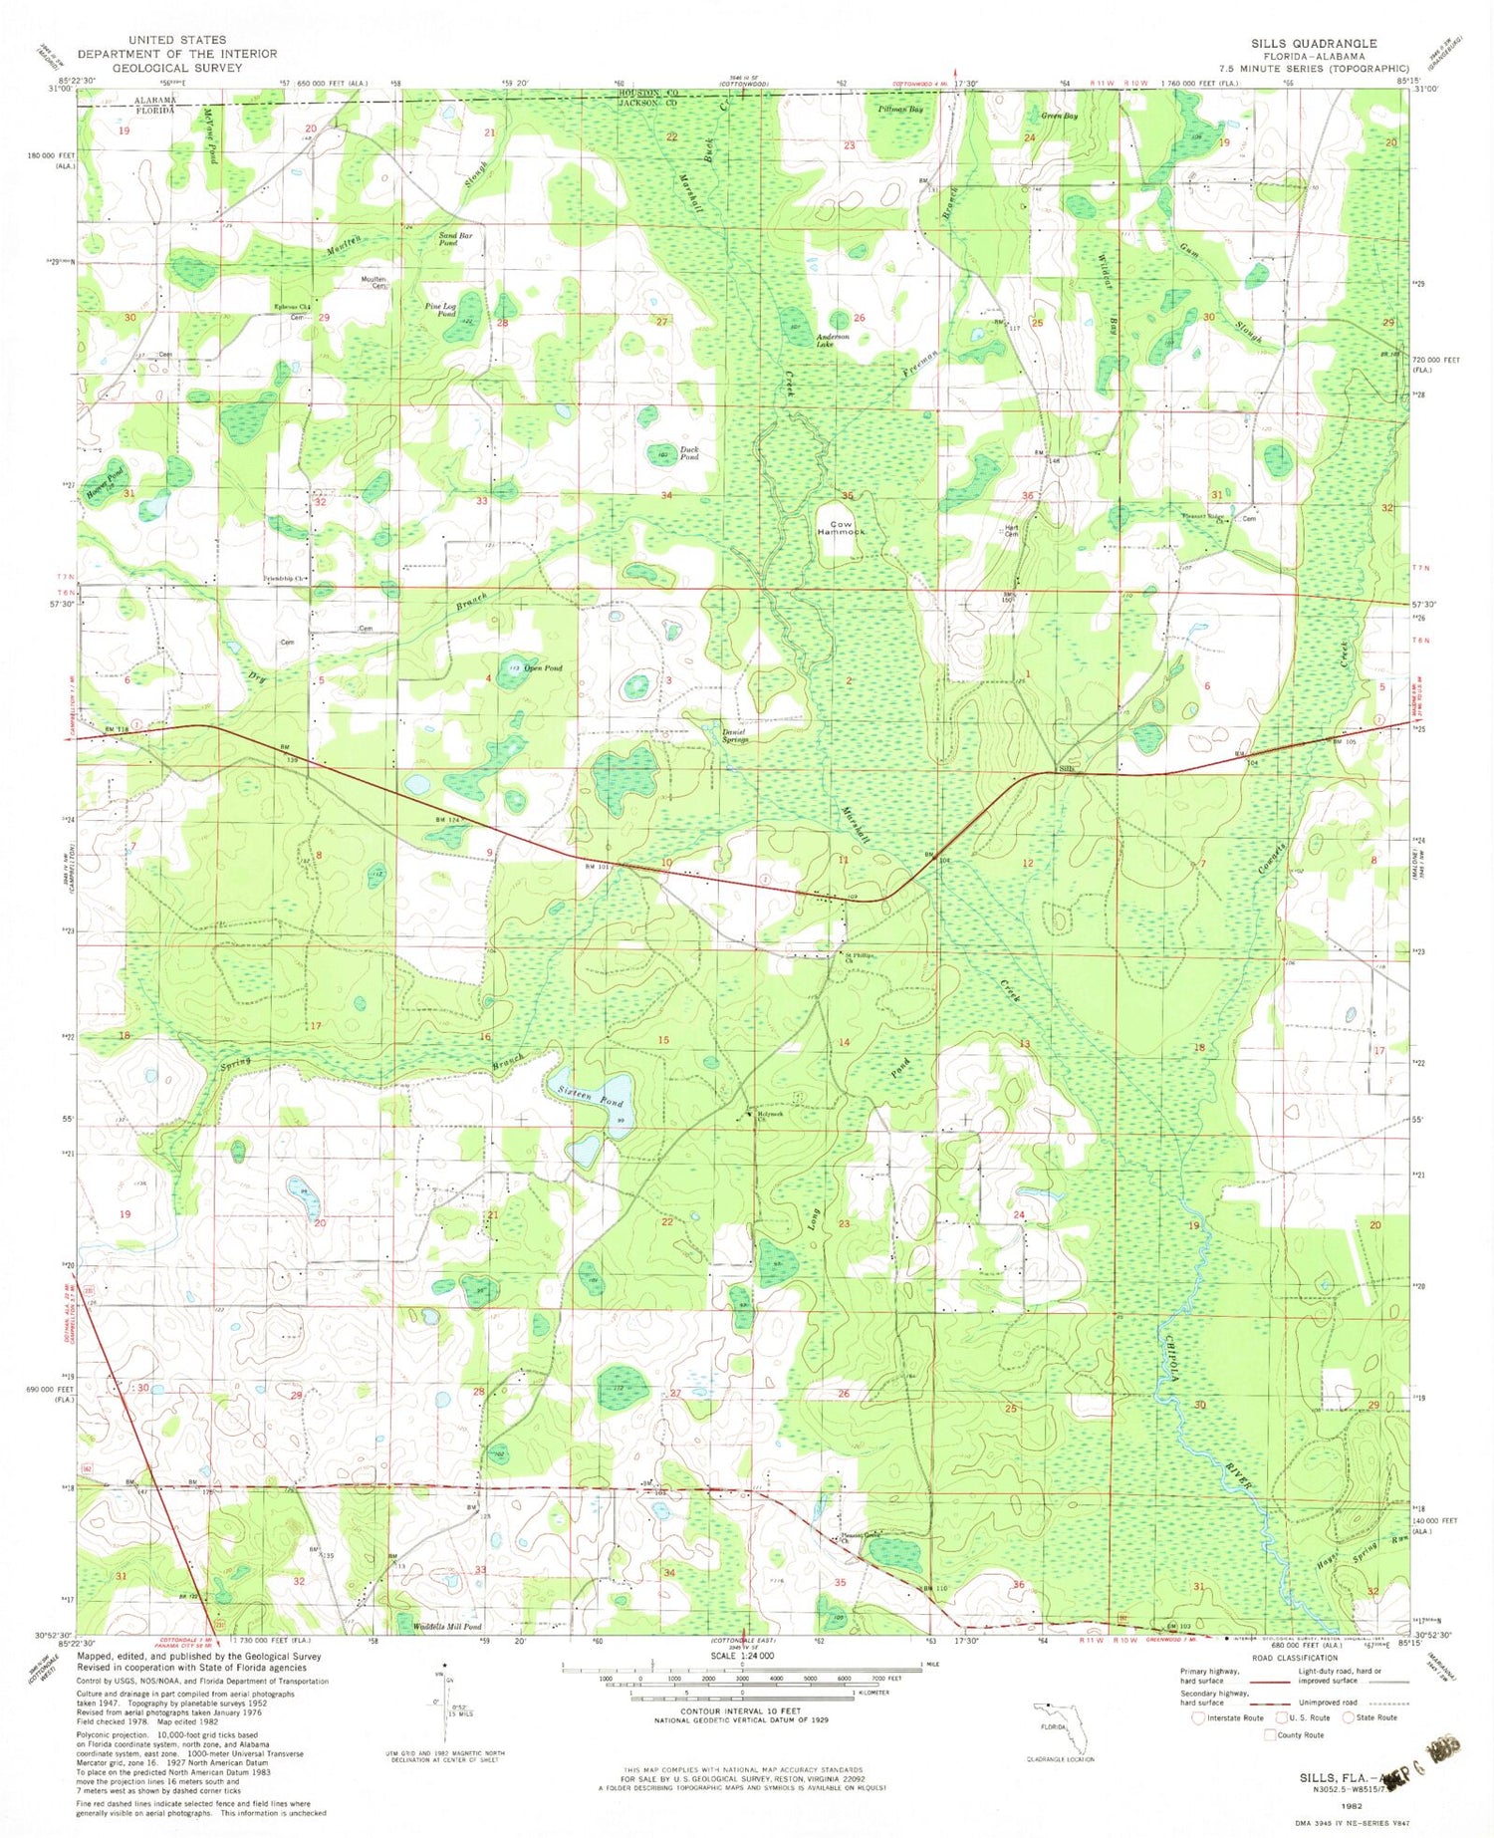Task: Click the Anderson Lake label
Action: coord(833,340)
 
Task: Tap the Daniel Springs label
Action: coord(735,736)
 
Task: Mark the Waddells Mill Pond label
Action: coord(446,1627)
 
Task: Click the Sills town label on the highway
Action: coord(1068,769)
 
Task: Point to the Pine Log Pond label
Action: coord(440,310)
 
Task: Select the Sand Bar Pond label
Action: coord(448,239)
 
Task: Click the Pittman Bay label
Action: coord(900,110)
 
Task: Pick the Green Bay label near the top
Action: coord(1059,117)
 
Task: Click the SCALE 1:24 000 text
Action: coord(743,1655)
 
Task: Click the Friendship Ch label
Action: coord(286,579)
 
